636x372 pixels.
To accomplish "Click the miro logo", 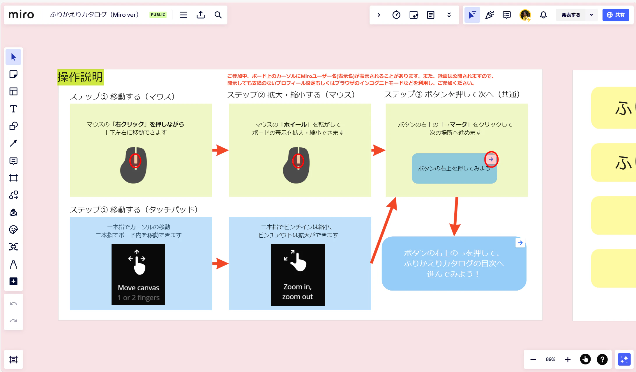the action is coord(21,15).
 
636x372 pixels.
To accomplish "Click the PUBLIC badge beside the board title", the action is coord(158,15).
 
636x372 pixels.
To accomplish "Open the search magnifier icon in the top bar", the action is coord(218,15).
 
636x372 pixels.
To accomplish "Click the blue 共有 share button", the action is coord(615,15).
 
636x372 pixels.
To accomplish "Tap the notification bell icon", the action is coord(543,15).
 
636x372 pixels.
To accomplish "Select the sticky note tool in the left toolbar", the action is coord(13,74).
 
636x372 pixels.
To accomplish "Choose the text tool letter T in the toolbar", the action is coord(13,109).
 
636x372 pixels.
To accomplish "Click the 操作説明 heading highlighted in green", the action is coord(80,77).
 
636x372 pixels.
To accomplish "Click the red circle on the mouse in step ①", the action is coord(135,161).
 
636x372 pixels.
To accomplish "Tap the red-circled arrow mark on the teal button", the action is coord(491,159).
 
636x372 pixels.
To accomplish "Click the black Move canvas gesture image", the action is coord(138,274).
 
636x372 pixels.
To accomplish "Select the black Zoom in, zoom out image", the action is coord(298,275).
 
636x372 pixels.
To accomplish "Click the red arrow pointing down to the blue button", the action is coord(455,217).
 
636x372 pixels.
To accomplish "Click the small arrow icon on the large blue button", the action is coord(520,243).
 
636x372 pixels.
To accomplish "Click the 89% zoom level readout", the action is coord(550,359).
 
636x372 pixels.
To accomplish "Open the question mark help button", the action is coord(602,359).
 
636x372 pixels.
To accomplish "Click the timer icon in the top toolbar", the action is coord(396,15).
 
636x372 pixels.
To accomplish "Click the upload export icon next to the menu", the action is coord(201,15).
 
